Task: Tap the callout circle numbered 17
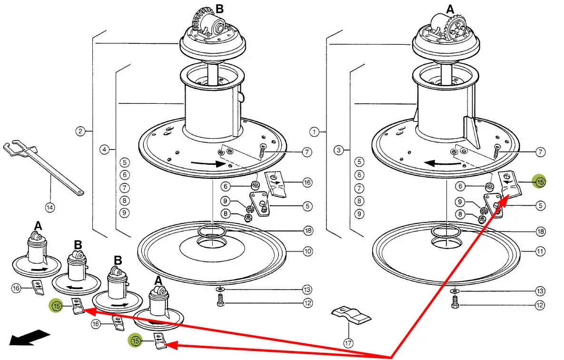point(349,342)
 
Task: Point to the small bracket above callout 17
point(351,316)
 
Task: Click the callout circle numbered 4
point(105,150)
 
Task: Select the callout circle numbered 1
point(314,130)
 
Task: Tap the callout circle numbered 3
point(338,150)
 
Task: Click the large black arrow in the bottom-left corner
point(30,339)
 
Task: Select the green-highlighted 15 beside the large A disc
point(540,181)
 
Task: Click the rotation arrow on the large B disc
point(208,164)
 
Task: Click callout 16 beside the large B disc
point(307,182)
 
